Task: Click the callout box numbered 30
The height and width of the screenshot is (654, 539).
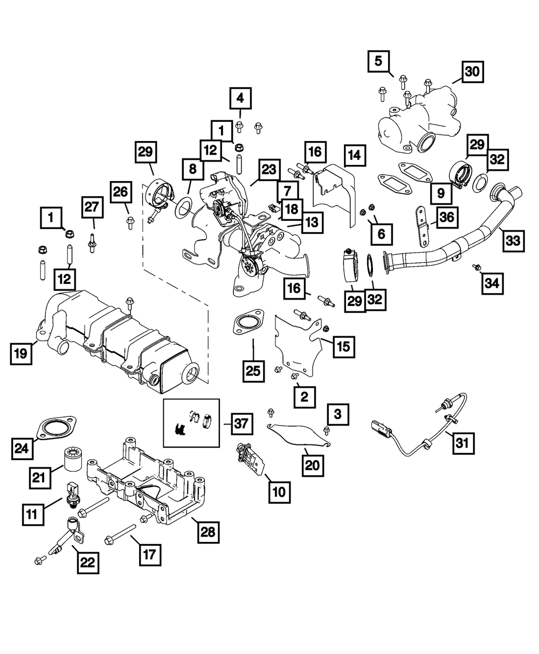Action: tap(472, 71)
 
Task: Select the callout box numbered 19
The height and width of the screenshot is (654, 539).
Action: tap(20, 354)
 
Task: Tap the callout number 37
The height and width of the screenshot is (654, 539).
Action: tap(241, 423)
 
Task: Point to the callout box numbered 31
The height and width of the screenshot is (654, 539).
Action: tap(463, 443)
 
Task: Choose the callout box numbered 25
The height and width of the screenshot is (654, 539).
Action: tap(253, 370)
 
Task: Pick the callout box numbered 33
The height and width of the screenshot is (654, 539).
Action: tap(512, 241)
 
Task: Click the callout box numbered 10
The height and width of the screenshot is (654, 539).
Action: tap(280, 491)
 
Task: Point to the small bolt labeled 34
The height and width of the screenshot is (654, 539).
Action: tap(476, 267)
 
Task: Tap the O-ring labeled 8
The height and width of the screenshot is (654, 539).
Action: tap(184, 205)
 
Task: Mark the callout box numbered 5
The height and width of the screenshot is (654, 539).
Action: tap(379, 61)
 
